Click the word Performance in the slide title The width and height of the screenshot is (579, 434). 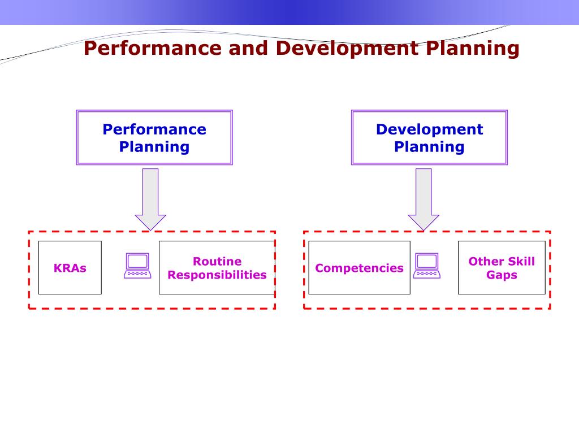[x=153, y=49]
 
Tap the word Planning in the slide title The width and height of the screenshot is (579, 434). [x=472, y=49]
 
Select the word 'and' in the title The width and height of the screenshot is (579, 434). [x=248, y=49]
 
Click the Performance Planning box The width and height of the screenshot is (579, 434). [x=154, y=137]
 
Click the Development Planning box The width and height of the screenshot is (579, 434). [x=429, y=137]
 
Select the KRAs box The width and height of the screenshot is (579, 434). [x=70, y=267]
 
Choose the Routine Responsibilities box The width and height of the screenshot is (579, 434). [x=217, y=267]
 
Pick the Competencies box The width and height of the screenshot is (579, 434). [x=359, y=267]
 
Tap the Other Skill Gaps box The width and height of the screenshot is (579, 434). [x=502, y=267]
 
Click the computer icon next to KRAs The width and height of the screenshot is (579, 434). [x=137, y=266]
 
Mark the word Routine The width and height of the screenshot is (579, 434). [x=217, y=261]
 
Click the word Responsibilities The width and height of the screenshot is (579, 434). [x=217, y=275]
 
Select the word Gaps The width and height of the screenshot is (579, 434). [x=502, y=275]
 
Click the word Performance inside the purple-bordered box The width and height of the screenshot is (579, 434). [x=154, y=129]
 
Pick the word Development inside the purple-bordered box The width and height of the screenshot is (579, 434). [x=429, y=129]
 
